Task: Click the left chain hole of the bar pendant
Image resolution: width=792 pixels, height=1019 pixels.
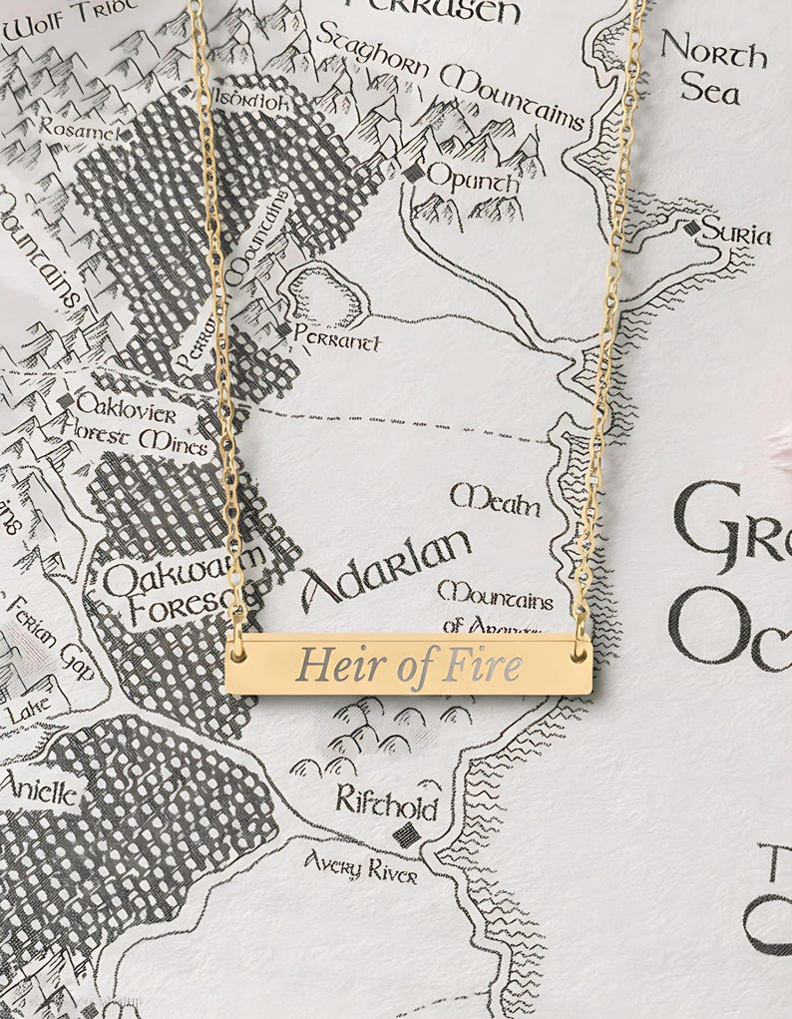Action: tap(237, 654)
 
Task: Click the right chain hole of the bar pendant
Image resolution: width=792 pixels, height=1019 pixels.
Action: tap(580, 654)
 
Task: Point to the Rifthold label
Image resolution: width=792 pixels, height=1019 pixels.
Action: tap(386, 801)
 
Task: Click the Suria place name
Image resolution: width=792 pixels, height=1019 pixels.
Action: tap(736, 234)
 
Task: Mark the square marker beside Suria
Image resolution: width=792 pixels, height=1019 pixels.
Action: tap(691, 228)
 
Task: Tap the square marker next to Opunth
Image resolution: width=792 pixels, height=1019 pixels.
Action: tap(413, 173)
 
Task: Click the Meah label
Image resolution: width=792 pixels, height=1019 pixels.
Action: tap(495, 499)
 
